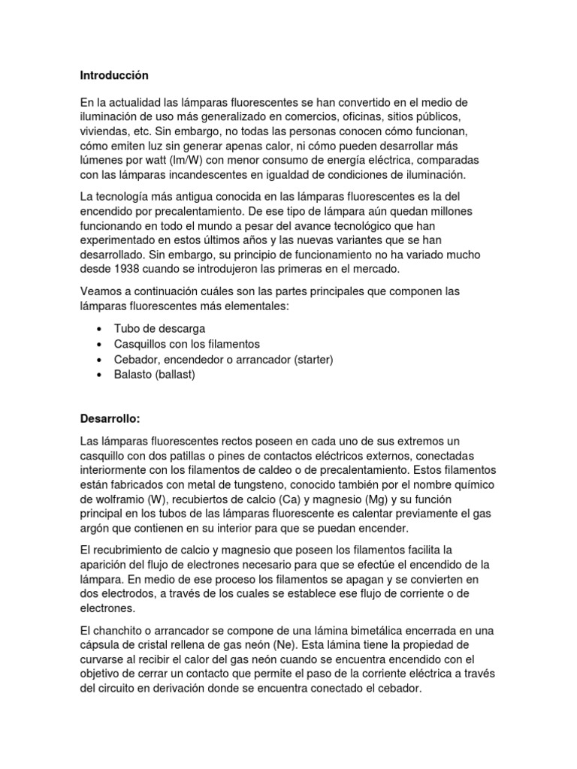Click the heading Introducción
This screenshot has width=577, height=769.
(x=114, y=75)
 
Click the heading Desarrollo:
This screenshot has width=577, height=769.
(x=110, y=418)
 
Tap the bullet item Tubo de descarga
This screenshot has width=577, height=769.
(x=159, y=329)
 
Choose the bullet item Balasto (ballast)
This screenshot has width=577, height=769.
(x=154, y=375)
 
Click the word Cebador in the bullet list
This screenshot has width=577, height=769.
(x=137, y=360)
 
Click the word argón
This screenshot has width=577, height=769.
(x=96, y=529)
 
